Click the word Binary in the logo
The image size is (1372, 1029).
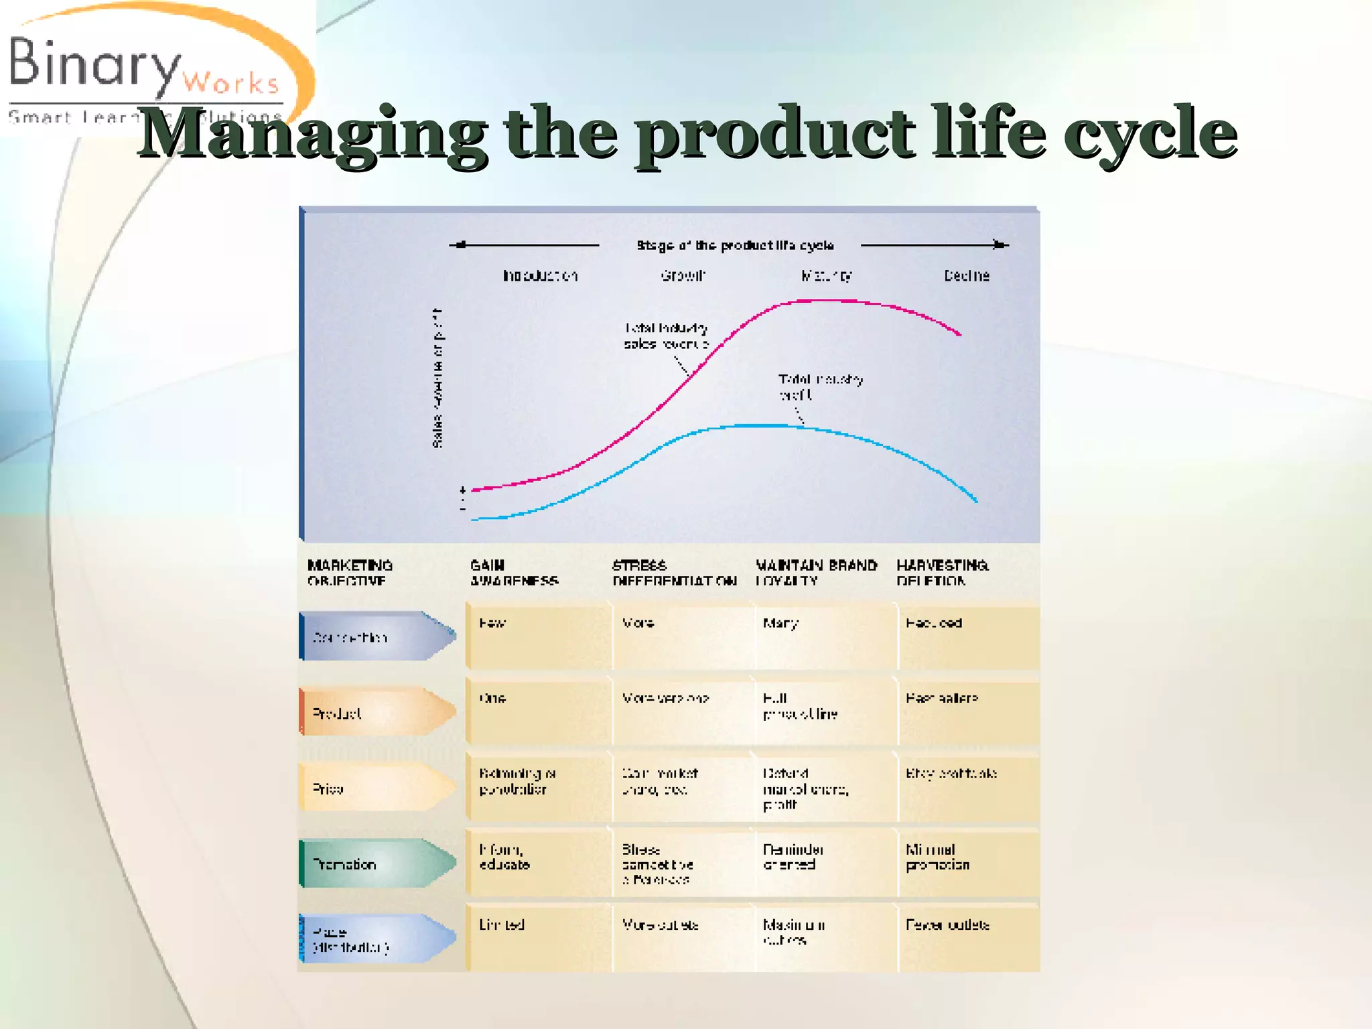94,64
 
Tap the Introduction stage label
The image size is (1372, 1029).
540,275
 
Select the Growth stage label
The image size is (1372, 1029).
683,275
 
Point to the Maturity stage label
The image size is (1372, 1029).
827,275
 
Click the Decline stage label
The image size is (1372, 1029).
966,275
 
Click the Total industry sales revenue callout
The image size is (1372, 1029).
666,336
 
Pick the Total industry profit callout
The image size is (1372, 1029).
820,387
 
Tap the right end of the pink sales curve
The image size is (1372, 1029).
959,333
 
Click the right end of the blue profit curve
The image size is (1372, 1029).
975,500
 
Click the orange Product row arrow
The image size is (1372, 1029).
375,713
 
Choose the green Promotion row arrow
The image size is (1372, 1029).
375,864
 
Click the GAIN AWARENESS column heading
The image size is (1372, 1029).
513,573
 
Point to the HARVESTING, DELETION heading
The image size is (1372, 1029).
942,573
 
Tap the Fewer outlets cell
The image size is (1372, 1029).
947,925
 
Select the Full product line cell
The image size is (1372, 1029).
800,706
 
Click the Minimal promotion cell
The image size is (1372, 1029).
937,857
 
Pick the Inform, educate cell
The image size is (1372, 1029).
504,857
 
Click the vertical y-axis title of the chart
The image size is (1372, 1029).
437,379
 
